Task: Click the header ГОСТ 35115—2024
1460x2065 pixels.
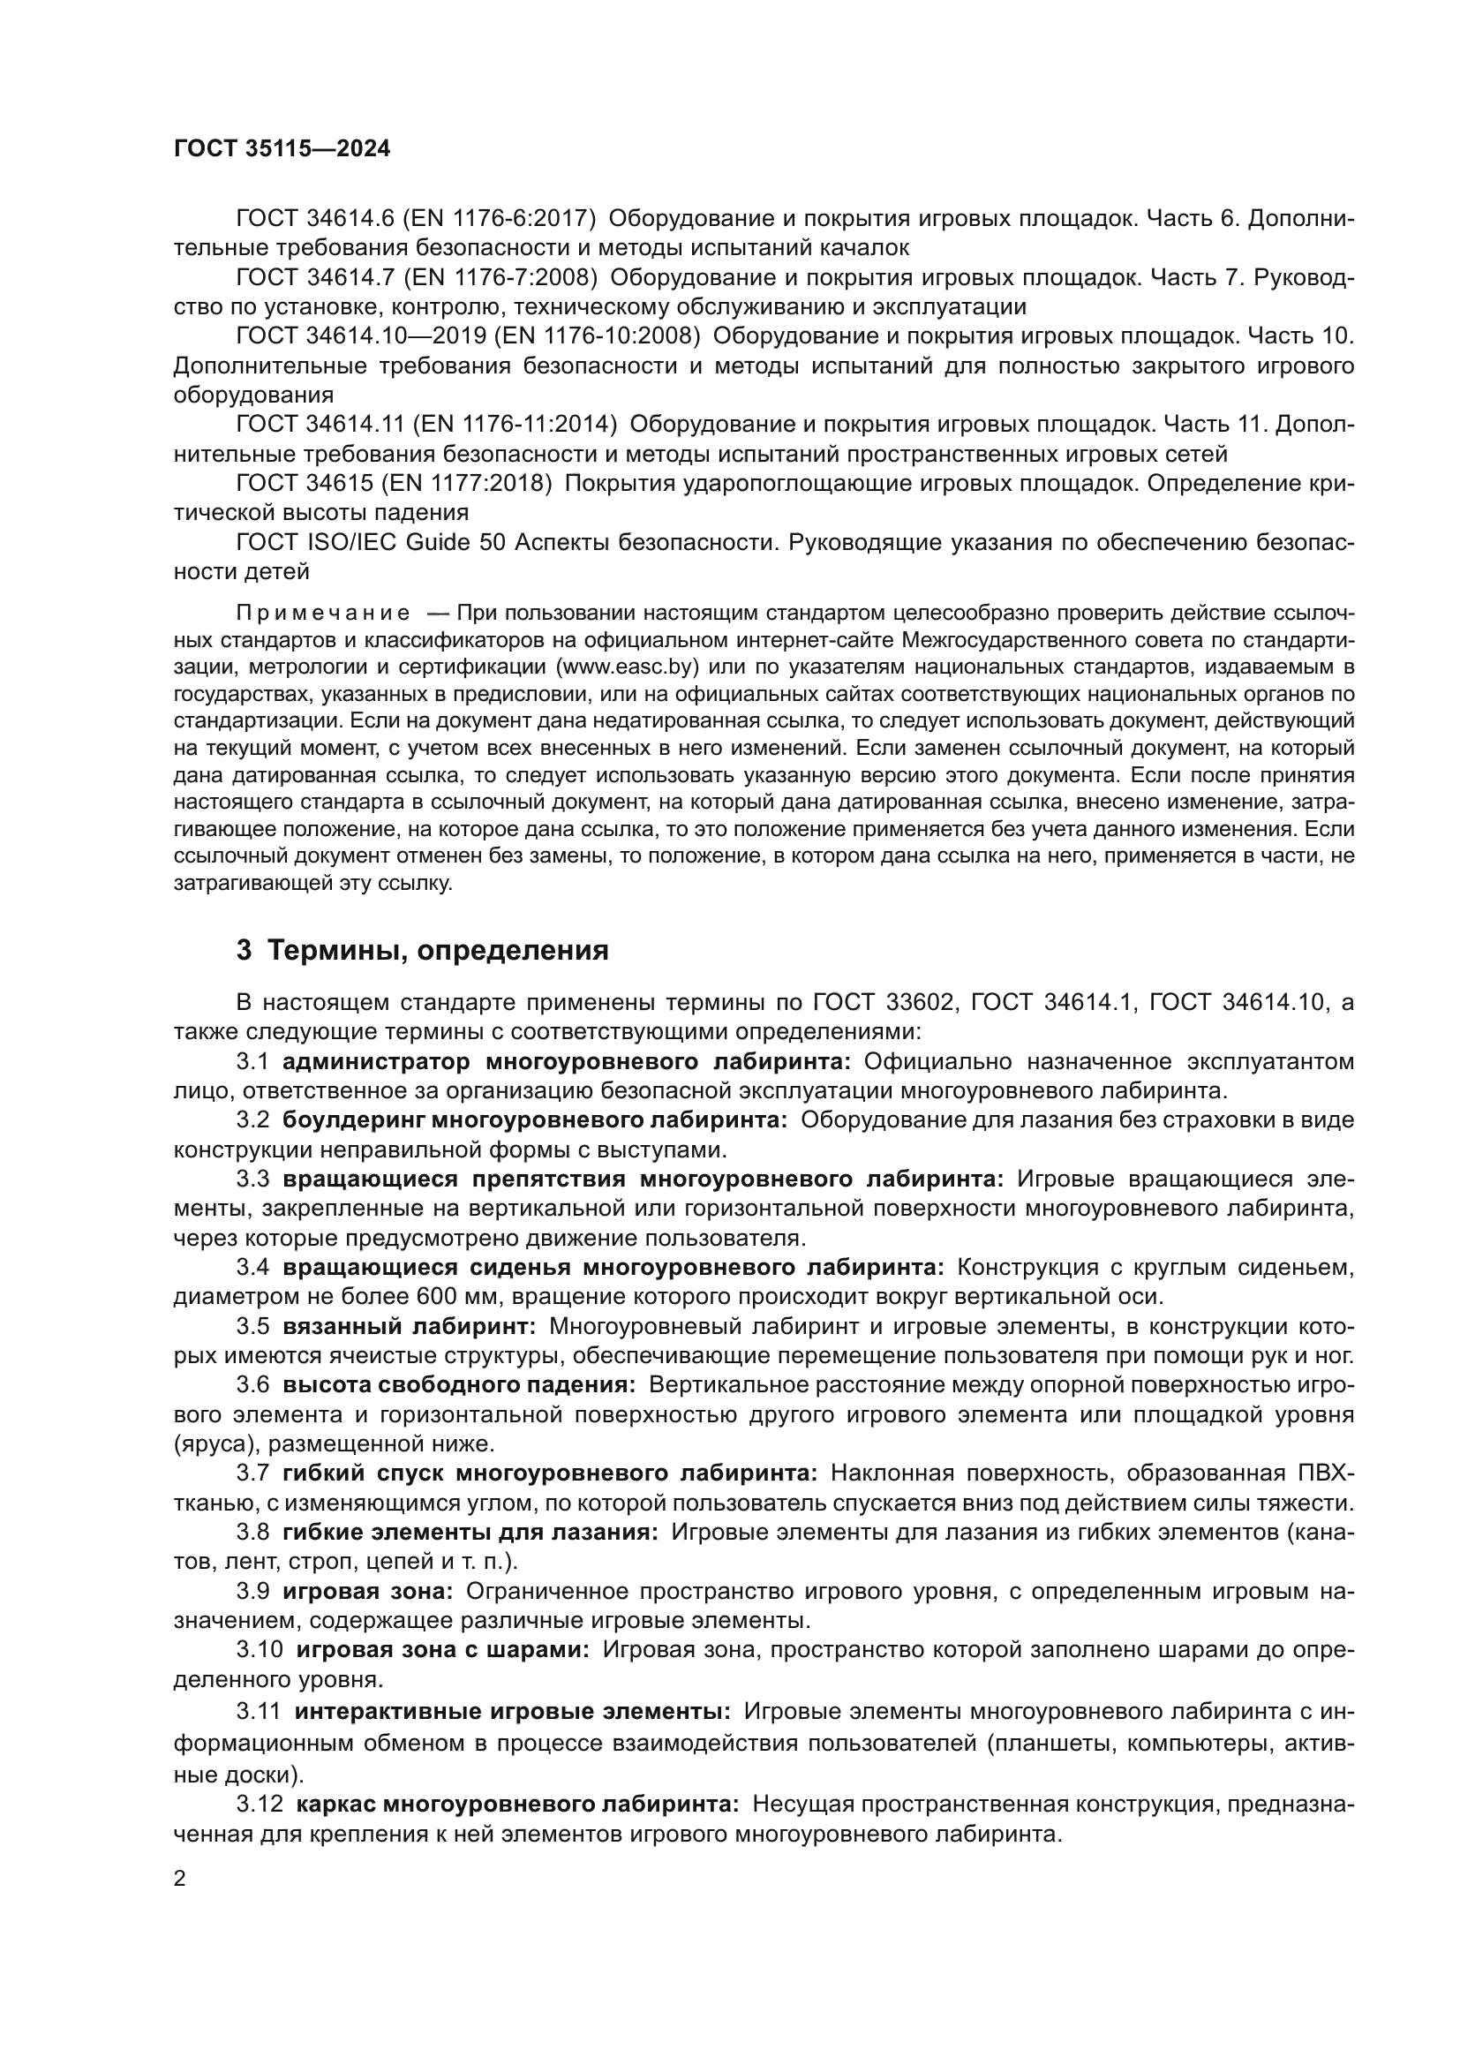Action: point(282,149)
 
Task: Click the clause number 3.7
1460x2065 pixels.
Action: point(252,1473)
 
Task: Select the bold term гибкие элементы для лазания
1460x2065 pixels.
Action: point(470,1532)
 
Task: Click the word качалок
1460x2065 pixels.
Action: point(867,247)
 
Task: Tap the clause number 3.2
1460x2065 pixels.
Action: point(252,1120)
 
